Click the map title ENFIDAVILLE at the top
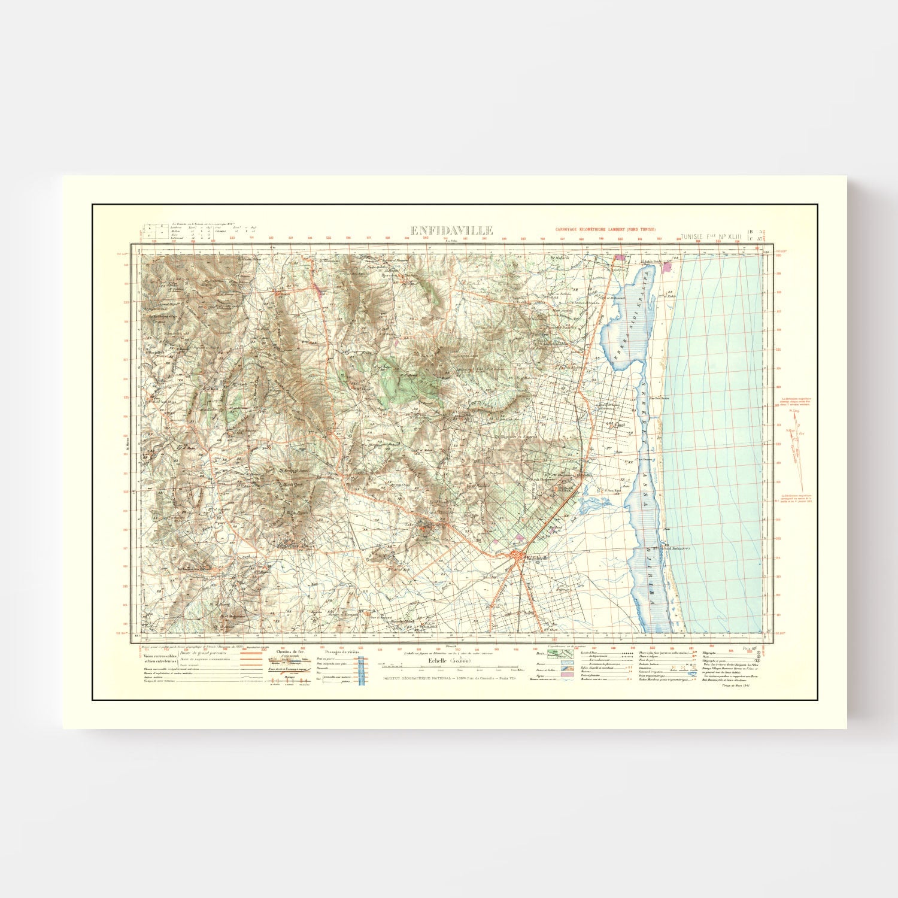point(451,230)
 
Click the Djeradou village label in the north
point(390,276)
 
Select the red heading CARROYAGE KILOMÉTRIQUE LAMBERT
point(605,230)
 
